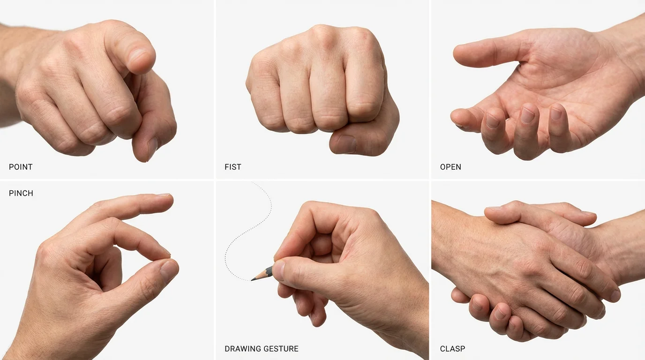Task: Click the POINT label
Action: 21,167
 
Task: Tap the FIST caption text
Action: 232,167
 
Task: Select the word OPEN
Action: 450,167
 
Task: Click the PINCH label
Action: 21,193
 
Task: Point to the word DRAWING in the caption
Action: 242,349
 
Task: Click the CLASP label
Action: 452,349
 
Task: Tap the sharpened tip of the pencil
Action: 253,280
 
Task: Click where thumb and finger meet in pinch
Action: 167,257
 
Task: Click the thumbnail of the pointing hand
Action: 152,149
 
